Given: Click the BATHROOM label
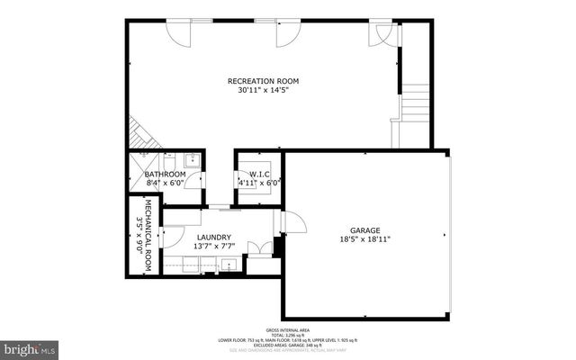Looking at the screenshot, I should (x=165, y=174).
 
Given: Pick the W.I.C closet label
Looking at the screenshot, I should (x=259, y=174).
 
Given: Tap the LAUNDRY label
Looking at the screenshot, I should (x=213, y=237).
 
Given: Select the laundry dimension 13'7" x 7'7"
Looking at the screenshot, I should (x=213, y=246).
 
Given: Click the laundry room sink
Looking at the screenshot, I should (x=229, y=265).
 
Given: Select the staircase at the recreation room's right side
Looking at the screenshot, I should (x=416, y=103).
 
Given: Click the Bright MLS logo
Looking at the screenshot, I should (x=28, y=347).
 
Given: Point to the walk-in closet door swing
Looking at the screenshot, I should (x=268, y=184).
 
